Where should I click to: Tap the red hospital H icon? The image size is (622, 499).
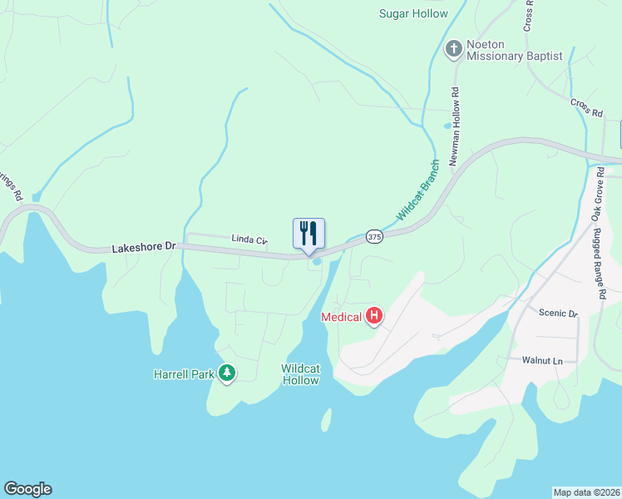click(x=374, y=316)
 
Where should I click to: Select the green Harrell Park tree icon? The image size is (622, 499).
click(x=226, y=373)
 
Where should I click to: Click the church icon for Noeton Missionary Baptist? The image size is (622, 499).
click(x=453, y=49)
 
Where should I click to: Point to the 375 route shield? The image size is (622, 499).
click(x=374, y=237)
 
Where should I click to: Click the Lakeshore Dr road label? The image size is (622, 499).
click(x=145, y=248)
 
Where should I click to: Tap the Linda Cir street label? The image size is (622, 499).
click(x=249, y=240)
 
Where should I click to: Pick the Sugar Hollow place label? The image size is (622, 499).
click(x=413, y=13)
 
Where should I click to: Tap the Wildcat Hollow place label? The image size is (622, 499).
click(x=300, y=374)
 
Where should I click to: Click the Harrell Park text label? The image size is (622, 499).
click(x=185, y=373)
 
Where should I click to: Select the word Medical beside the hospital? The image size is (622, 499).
click(x=342, y=317)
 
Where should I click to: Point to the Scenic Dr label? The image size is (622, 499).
click(x=558, y=314)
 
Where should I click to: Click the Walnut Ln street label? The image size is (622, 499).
click(x=542, y=360)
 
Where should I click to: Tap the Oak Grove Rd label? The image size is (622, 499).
click(x=596, y=200)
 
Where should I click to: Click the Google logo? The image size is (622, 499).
click(x=27, y=489)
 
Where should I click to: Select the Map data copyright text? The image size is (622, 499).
click(x=587, y=492)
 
